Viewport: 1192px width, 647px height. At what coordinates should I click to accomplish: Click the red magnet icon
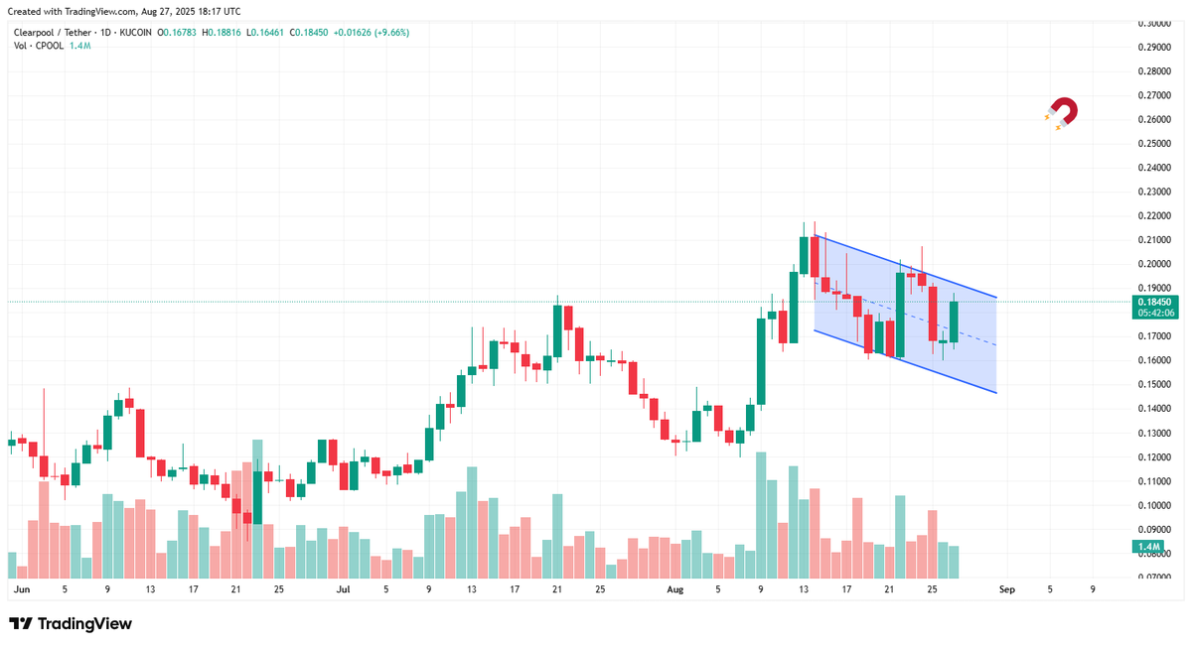[1062, 113]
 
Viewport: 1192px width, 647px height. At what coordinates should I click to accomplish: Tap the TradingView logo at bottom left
[71, 624]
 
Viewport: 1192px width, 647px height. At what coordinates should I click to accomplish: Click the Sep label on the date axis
[1006, 589]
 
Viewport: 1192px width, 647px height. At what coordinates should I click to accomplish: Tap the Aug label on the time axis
[674, 589]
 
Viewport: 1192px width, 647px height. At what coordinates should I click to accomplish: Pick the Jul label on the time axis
[344, 589]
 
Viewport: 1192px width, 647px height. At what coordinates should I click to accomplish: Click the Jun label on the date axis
[21, 589]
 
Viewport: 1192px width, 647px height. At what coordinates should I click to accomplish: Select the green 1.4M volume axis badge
[1148, 547]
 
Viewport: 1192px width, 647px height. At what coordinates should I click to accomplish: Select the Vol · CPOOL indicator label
[39, 46]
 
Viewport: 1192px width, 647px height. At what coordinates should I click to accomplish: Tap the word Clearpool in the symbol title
[37, 33]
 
